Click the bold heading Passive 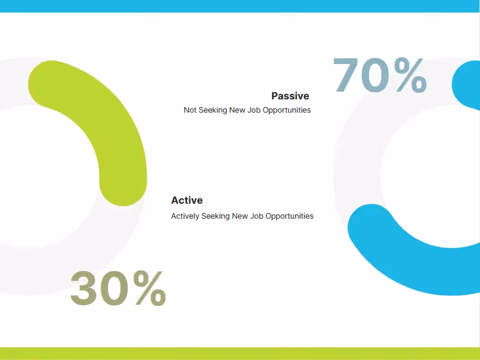pyautogui.click(x=290, y=96)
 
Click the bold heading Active pyautogui.click(x=186, y=200)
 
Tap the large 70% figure pyautogui.click(x=380, y=75)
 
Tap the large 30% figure pyautogui.click(x=118, y=288)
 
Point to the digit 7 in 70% pyautogui.click(x=346, y=75)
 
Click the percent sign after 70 pyautogui.click(x=410, y=75)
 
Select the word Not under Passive pyautogui.click(x=190, y=110)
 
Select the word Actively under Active pyautogui.click(x=185, y=216)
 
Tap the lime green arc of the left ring pyautogui.click(x=110, y=121)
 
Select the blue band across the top pyautogui.click(x=240, y=6)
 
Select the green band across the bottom pyautogui.click(x=240, y=353)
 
